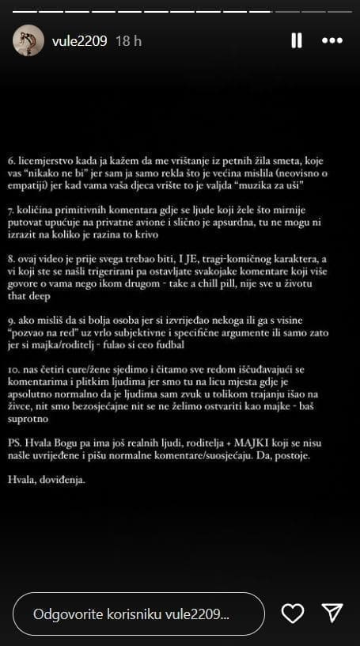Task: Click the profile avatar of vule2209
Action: pos(28,40)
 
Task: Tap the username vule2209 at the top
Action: pos(79,40)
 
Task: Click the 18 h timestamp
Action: pos(128,40)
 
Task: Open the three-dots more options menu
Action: pos(333,40)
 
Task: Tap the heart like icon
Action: pos(293,613)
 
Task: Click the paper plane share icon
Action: pos(332,613)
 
